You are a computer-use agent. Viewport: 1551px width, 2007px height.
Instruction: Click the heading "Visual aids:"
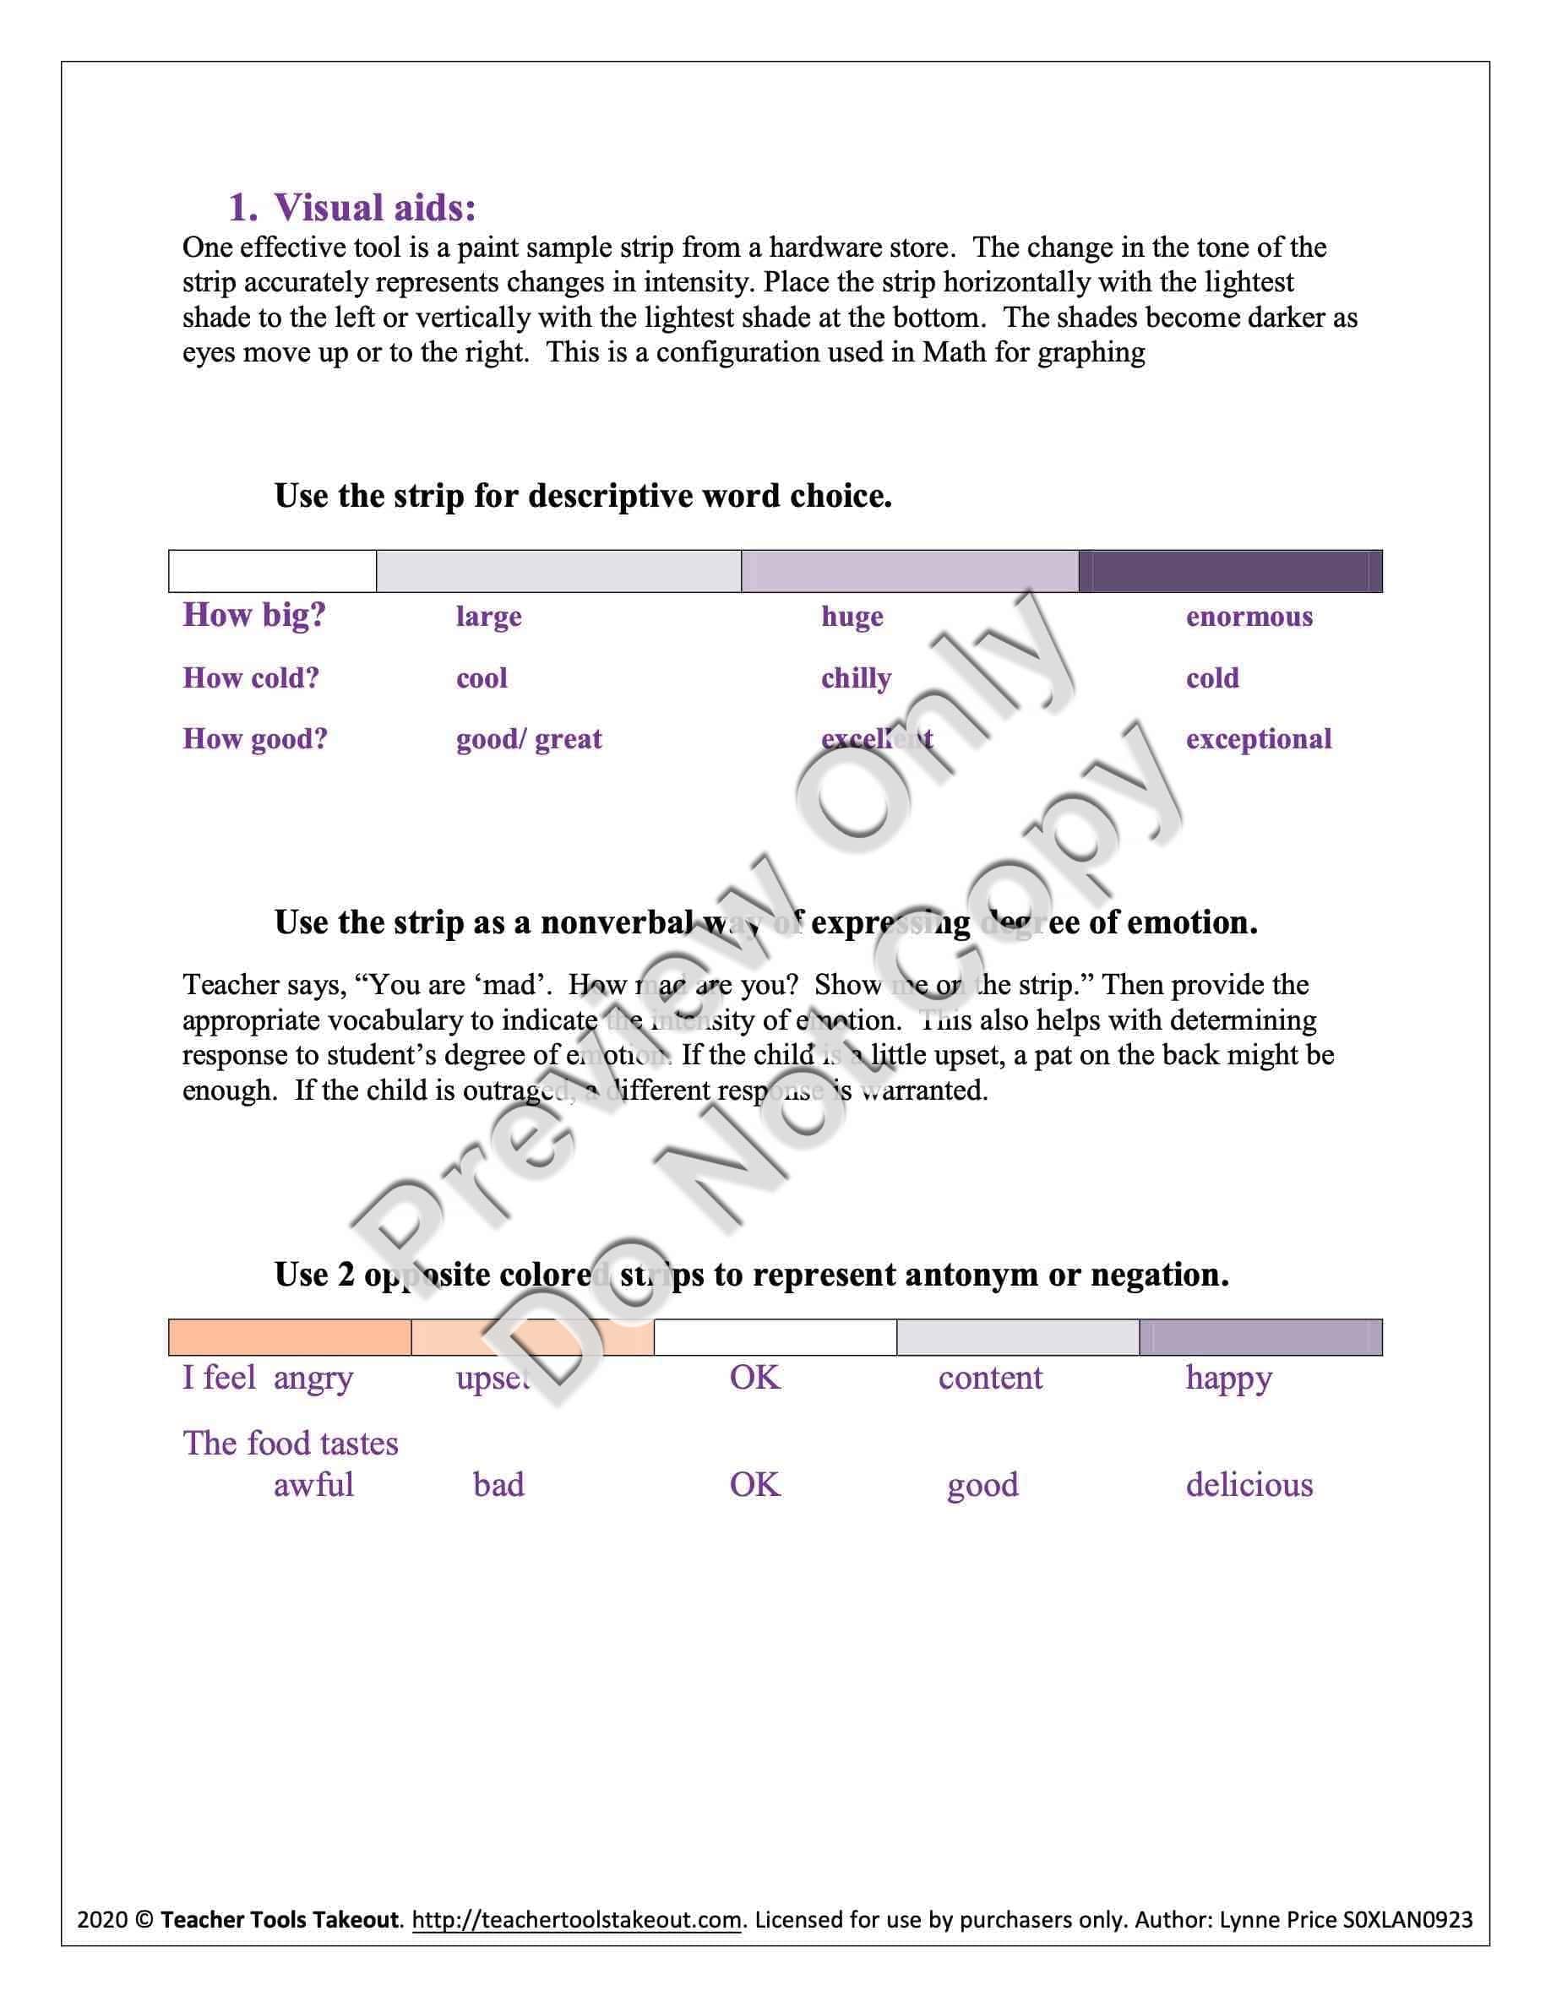tap(374, 208)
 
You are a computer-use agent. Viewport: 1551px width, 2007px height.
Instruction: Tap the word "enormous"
tap(1249, 616)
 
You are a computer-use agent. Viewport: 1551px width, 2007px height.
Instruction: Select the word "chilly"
tap(856, 678)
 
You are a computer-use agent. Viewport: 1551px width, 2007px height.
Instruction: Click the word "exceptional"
tap(1258, 739)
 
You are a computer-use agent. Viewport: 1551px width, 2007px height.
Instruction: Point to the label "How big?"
tap(254, 615)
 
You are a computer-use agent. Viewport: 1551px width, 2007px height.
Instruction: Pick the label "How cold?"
tap(251, 678)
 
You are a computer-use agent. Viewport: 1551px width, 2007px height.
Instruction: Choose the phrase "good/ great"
tap(528, 739)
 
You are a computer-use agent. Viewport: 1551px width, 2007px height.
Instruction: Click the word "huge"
tap(852, 616)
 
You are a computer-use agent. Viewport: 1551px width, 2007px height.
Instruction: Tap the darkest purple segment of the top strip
tap(1229, 572)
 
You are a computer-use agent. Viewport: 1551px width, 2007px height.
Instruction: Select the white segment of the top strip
tap(273, 572)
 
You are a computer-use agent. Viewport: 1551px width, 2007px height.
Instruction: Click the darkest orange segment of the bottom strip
tap(290, 1337)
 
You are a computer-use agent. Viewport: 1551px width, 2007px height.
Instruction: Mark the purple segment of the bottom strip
tap(1260, 1337)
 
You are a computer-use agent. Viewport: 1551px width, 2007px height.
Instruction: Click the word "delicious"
tap(1249, 1484)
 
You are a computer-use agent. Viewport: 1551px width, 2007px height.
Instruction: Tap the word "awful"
tap(313, 1484)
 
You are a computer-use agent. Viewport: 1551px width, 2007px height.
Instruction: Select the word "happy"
tap(1228, 1379)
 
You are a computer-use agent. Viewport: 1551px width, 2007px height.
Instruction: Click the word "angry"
tap(313, 1379)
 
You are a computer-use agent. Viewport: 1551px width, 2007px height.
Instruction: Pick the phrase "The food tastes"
tap(291, 1444)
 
